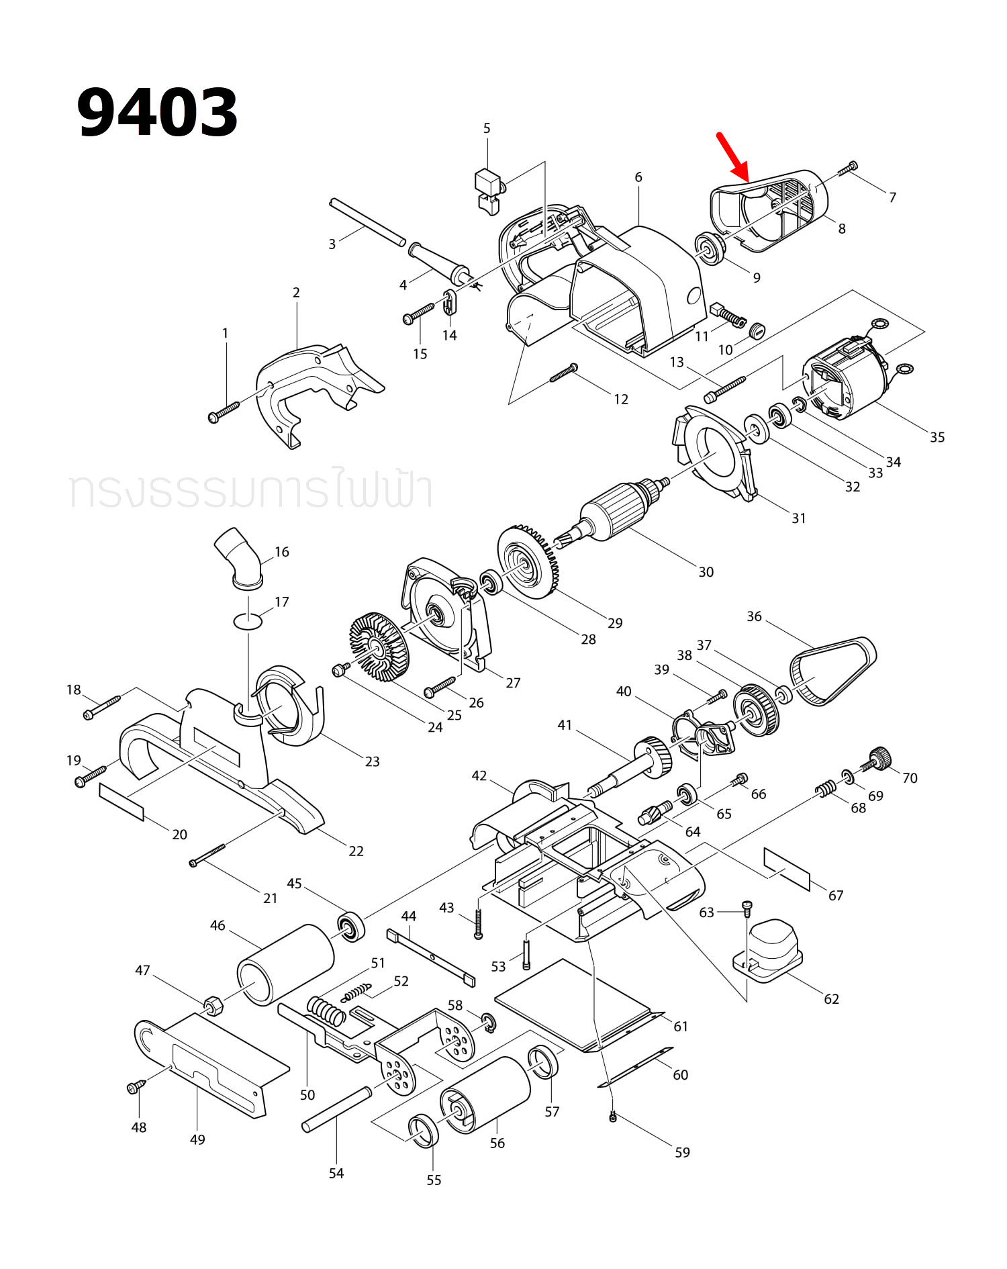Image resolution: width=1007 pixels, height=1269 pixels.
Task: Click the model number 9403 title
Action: click(157, 112)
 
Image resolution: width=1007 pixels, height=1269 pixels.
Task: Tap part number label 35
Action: click(937, 437)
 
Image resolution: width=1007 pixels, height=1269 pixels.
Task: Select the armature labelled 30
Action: click(618, 512)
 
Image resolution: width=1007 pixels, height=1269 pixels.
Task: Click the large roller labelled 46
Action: click(285, 964)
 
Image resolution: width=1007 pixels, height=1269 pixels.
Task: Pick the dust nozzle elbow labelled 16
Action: click(239, 558)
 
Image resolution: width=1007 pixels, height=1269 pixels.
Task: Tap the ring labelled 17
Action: click(248, 621)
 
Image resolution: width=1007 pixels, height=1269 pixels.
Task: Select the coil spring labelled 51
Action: click(327, 1010)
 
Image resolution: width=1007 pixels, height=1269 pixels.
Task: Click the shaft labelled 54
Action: click(337, 1109)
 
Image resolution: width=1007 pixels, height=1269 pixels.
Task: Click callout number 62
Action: click(831, 998)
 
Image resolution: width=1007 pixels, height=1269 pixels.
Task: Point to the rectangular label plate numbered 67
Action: click(787, 868)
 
